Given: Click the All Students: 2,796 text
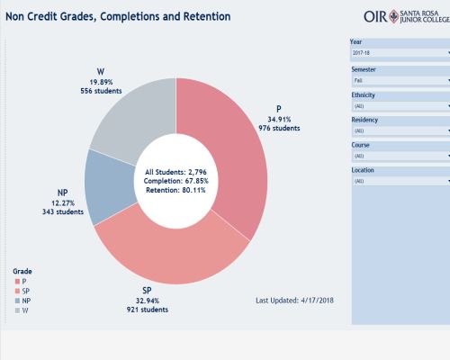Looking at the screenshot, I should point(176,170).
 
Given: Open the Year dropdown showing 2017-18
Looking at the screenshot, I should point(399,54).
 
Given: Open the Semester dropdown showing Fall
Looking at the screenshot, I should point(399,79).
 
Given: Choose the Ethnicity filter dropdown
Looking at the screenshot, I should point(399,104).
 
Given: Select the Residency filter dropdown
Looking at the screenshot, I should point(399,130).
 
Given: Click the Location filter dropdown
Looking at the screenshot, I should point(399,180).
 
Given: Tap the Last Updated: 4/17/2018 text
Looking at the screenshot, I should point(294,299).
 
